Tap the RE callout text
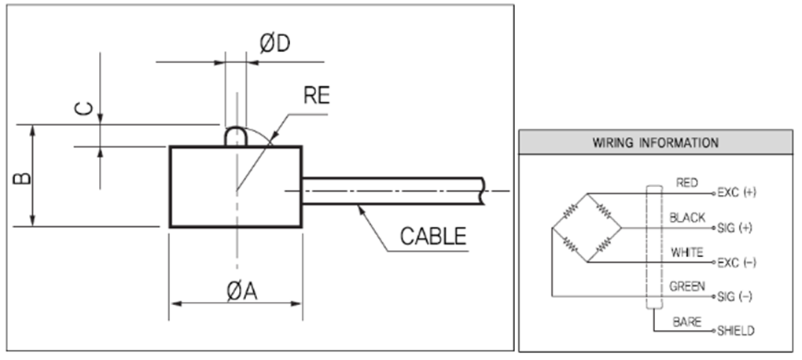[x=317, y=96]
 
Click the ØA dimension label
[x=241, y=291]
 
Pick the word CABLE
[x=433, y=235]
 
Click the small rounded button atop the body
[x=235, y=136]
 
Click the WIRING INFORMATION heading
[x=655, y=144]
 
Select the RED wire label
[x=687, y=182]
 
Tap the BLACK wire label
[x=687, y=218]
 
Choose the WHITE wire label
[x=687, y=252]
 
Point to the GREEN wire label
[x=687, y=287]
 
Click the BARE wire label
[x=686, y=322]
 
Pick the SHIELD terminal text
[x=737, y=332]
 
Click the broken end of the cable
[x=481, y=191]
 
